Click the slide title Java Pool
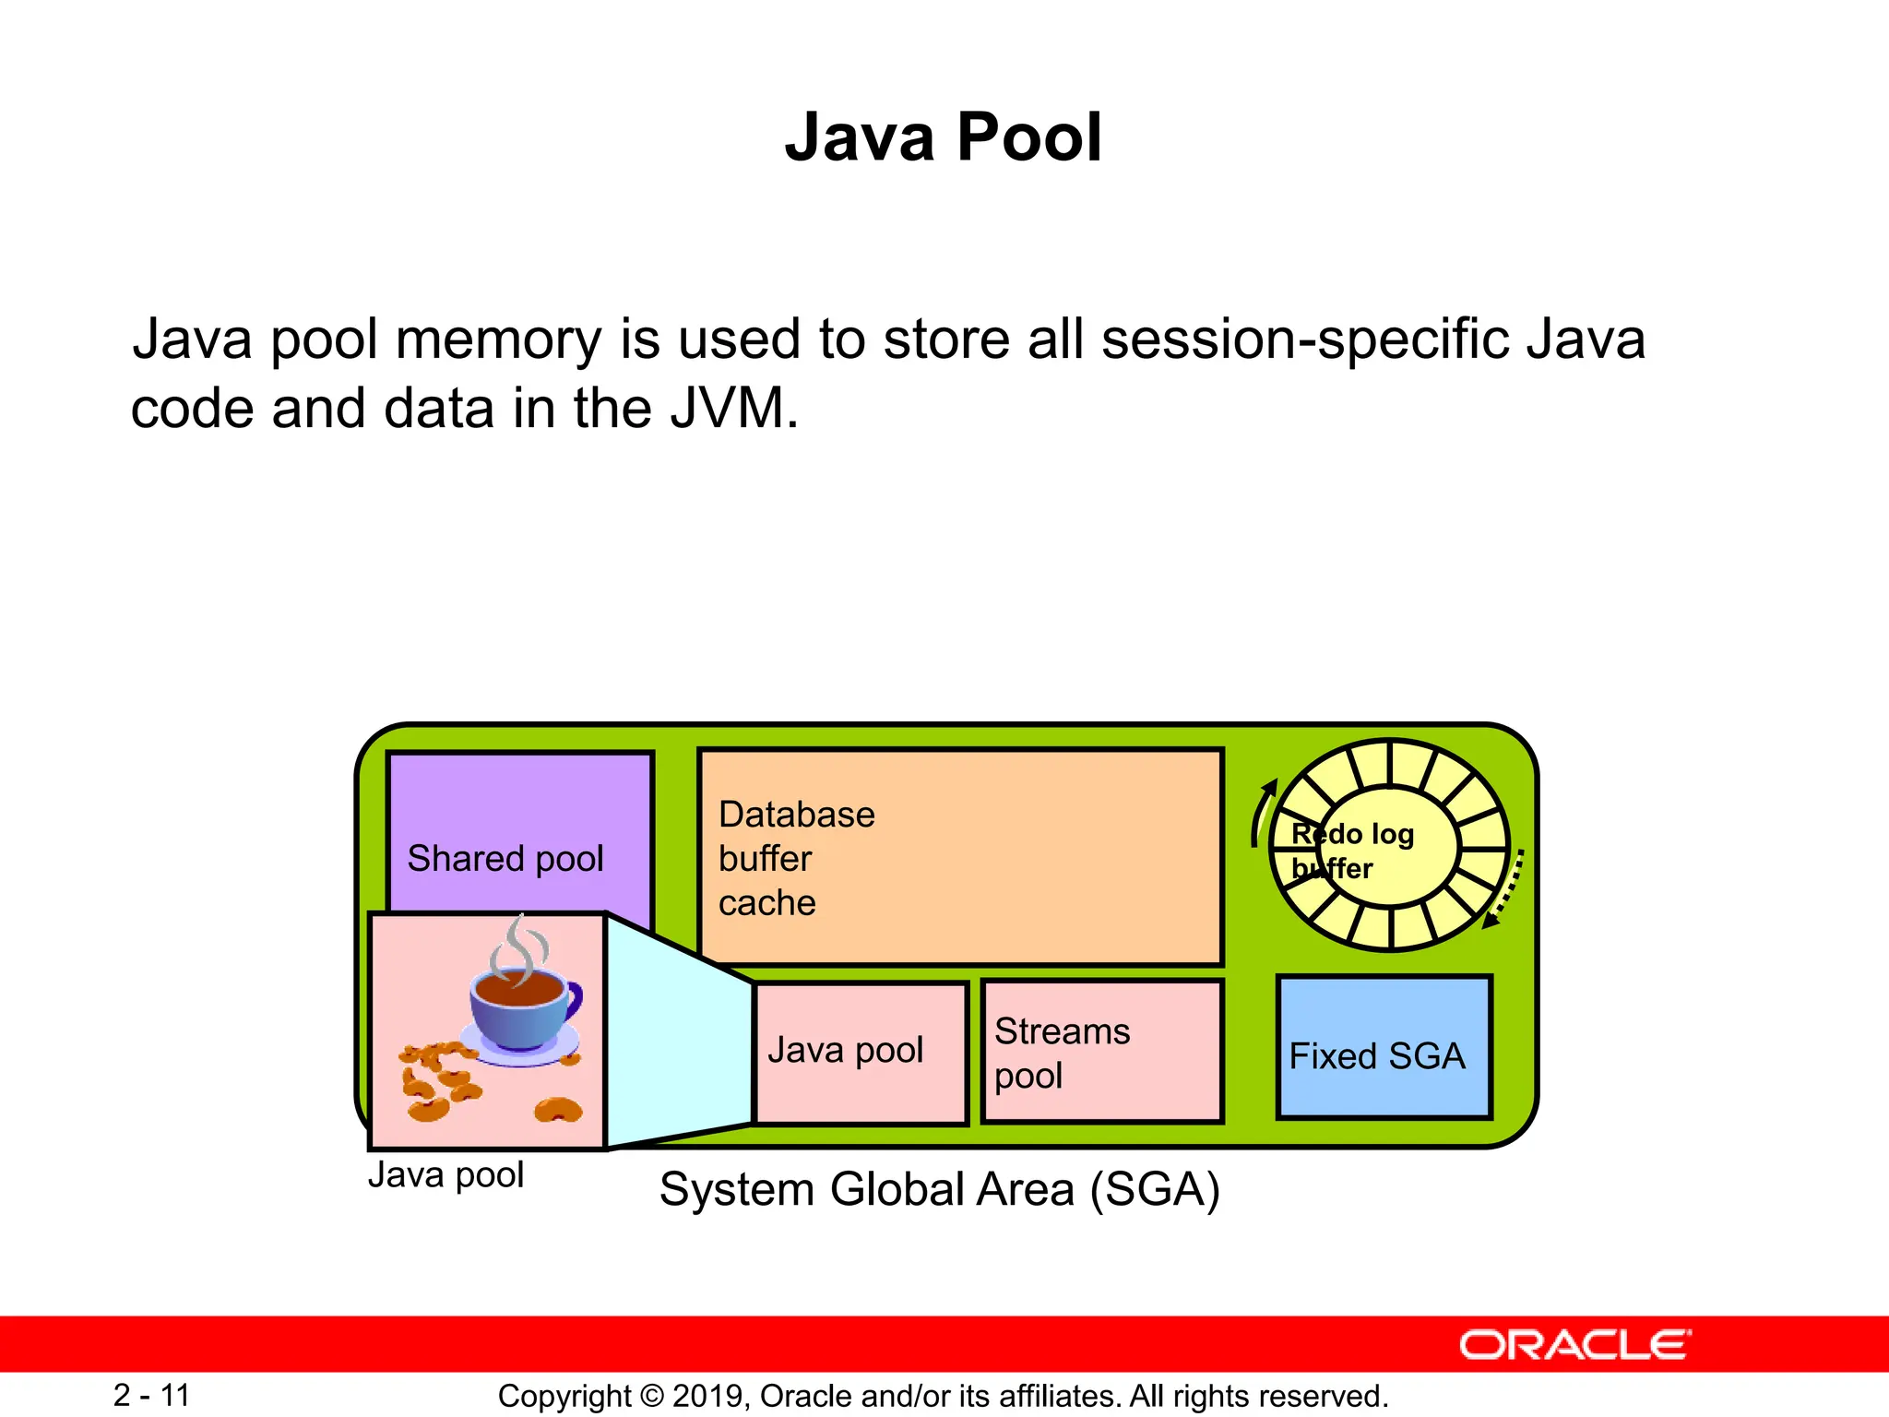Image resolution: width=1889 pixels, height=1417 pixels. coord(943,137)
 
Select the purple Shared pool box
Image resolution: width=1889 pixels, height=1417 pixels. coord(520,830)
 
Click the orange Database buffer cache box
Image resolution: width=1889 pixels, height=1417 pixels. coord(959,857)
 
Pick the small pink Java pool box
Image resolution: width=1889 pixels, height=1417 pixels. coord(860,1053)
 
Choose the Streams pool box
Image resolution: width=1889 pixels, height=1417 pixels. coord(1101,1053)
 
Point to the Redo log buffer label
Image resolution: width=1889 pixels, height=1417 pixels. coord(1351,850)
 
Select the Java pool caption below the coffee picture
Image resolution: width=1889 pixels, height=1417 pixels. coord(446,1175)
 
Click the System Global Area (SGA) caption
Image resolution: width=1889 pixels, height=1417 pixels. coord(939,1189)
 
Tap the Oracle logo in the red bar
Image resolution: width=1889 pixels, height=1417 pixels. coord(1574,1345)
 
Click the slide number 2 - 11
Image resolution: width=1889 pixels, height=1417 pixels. coord(151,1395)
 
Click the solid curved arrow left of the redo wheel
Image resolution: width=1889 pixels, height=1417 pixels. coord(1261,811)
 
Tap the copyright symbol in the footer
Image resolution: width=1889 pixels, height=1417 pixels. coord(651,1396)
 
